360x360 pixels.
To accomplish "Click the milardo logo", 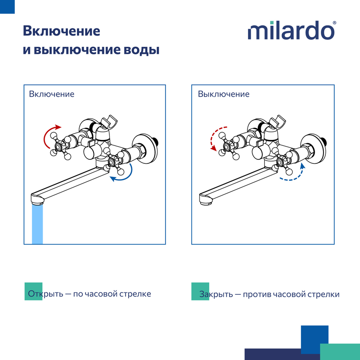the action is pos(291,30).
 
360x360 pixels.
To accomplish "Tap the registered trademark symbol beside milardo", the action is pos(334,23).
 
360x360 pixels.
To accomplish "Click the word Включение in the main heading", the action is pos(61,31).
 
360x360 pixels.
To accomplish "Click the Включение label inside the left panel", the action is pos(52,94).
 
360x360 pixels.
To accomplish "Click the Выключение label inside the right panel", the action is pos(224,94).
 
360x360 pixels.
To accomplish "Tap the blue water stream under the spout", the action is pos(37,224).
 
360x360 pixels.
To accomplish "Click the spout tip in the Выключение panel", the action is pos(205,199).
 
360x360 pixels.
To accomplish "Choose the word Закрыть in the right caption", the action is pos(216,294).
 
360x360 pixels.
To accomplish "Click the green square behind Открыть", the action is pos(33,291).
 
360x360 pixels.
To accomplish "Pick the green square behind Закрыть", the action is pos(200,291).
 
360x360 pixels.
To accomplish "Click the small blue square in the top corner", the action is pos(7,7).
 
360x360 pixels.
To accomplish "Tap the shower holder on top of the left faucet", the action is pos(109,121).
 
